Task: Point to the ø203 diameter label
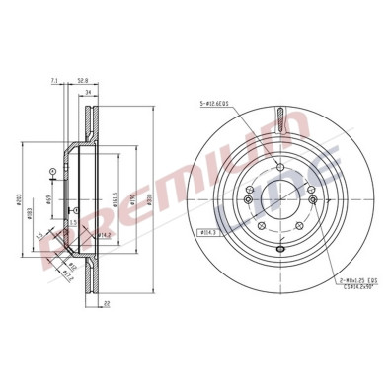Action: point(21,197)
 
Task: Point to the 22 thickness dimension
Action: point(103,305)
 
